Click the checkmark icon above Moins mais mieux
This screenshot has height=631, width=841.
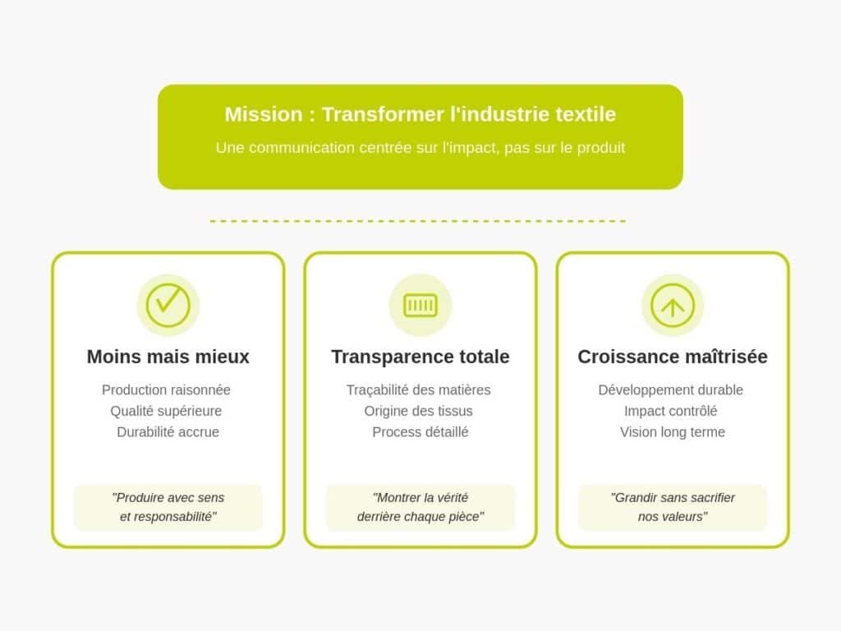pos(168,305)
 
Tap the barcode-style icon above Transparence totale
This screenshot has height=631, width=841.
pos(420,306)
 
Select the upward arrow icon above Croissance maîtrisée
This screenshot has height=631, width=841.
pos(673,306)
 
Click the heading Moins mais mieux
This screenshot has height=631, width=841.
pos(168,357)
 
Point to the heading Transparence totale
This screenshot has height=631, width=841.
pos(420,357)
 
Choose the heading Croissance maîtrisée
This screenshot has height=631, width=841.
pos(673,357)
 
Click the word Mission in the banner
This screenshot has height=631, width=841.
pos(264,114)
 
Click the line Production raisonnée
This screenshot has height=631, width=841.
pos(166,390)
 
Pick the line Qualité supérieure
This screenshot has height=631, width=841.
pos(166,411)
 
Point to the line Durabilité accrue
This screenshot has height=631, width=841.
pos(168,432)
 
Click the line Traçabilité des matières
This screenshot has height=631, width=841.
pos(418,390)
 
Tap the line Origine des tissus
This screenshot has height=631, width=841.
pos(418,411)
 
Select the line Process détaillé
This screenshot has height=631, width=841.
pos(420,432)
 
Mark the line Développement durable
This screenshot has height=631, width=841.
pos(670,390)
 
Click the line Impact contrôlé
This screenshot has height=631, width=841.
pos(670,411)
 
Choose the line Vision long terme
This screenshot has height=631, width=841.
pos(673,432)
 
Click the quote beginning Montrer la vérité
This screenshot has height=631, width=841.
pos(420,507)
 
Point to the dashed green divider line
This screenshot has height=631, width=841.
pos(418,221)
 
